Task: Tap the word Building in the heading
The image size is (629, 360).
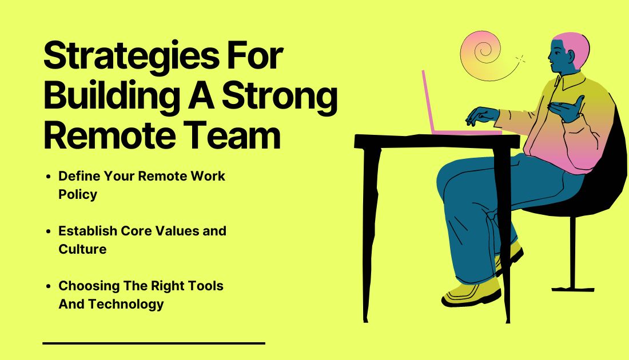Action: tap(112, 97)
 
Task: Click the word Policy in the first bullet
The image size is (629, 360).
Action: tap(78, 194)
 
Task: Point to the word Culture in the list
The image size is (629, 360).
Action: tap(83, 249)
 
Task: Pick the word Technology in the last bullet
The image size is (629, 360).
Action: tap(126, 304)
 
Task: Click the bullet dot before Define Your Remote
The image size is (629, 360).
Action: tap(49, 177)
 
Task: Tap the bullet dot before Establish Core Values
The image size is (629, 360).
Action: tap(49, 231)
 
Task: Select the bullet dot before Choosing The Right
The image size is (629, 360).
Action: tap(49, 286)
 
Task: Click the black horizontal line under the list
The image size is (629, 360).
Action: tap(154, 343)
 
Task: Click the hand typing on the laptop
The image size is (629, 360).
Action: tap(481, 115)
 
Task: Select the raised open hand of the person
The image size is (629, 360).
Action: tap(568, 108)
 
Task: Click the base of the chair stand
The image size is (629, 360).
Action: tap(573, 289)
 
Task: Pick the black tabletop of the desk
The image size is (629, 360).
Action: tap(437, 142)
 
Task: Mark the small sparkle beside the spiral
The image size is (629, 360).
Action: tap(520, 60)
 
